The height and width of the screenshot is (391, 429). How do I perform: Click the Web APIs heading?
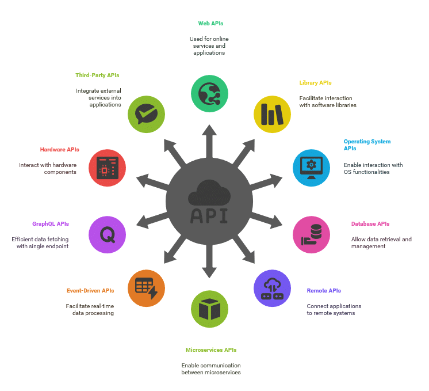tap(210, 24)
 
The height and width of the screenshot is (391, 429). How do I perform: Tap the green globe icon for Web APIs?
tap(209, 94)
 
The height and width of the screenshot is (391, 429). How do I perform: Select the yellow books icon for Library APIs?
tap(272, 114)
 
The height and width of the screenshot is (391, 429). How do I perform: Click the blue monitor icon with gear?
tap(311, 168)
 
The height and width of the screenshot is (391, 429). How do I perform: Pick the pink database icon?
tap(311, 234)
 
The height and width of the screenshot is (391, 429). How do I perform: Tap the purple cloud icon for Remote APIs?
tap(272, 288)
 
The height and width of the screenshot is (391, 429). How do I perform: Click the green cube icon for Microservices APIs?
tap(209, 309)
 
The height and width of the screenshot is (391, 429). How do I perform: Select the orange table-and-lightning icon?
tap(147, 288)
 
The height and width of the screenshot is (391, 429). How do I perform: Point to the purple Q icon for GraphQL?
tap(107, 234)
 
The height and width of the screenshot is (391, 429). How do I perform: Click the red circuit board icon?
tap(107, 168)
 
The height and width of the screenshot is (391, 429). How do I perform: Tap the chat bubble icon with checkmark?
tap(147, 114)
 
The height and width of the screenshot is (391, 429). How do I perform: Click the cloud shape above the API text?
tap(209, 193)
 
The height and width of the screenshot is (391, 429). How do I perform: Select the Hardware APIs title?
tap(60, 150)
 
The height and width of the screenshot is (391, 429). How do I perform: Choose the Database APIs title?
tap(370, 224)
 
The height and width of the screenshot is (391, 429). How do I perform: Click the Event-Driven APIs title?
tap(90, 291)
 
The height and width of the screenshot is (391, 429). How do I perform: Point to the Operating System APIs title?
tap(367, 145)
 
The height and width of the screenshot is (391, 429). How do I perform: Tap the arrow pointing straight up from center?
tap(209, 142)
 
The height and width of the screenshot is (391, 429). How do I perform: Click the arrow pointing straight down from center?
tap(209, 261)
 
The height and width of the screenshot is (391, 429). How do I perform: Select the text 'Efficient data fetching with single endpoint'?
tap(40, 243)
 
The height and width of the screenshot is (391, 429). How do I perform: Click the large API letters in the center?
tap(209, 216)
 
